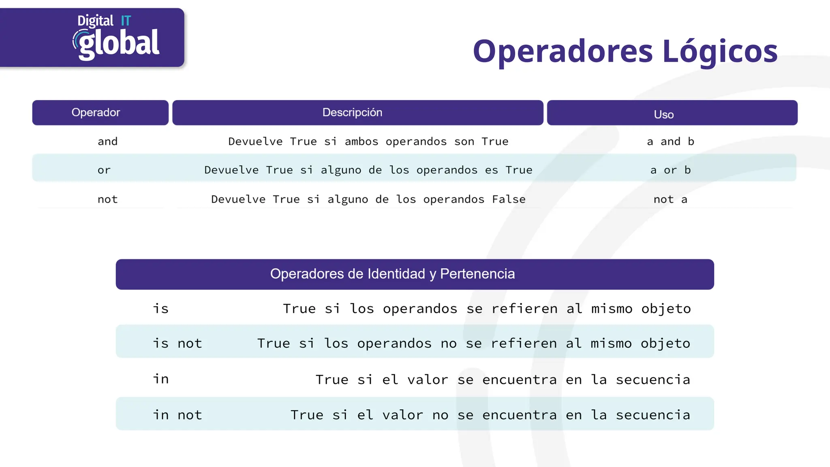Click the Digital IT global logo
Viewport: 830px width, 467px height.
[116, 38]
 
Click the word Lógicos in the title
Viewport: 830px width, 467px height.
[720, 51]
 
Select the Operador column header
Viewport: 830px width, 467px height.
[96, 112]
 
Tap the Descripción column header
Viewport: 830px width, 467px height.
[352, 112]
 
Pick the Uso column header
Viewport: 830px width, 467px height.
[664, 114]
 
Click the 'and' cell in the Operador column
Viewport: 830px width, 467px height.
[107, 141]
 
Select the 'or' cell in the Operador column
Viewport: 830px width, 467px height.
[104, 170]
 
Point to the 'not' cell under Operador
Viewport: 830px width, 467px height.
[107, 199]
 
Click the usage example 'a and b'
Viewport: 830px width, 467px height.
[671, 141]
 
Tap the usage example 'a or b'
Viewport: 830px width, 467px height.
[671, 170]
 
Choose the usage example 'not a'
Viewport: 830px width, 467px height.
[670, 199]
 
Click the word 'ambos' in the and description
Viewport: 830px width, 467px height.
[362, 141]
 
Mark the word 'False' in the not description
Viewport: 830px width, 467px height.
[509, 199]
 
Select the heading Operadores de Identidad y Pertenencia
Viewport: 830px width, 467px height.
[392, 274]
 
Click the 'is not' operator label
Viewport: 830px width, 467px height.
[177, 343]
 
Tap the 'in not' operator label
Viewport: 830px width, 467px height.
[177, 415]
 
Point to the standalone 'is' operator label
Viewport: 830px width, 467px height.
[160, 309]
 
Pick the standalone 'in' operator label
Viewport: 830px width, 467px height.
[160, 379]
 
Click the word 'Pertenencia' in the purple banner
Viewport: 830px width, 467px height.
[477, 274]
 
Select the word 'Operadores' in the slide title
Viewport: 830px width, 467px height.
[563, 51]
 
